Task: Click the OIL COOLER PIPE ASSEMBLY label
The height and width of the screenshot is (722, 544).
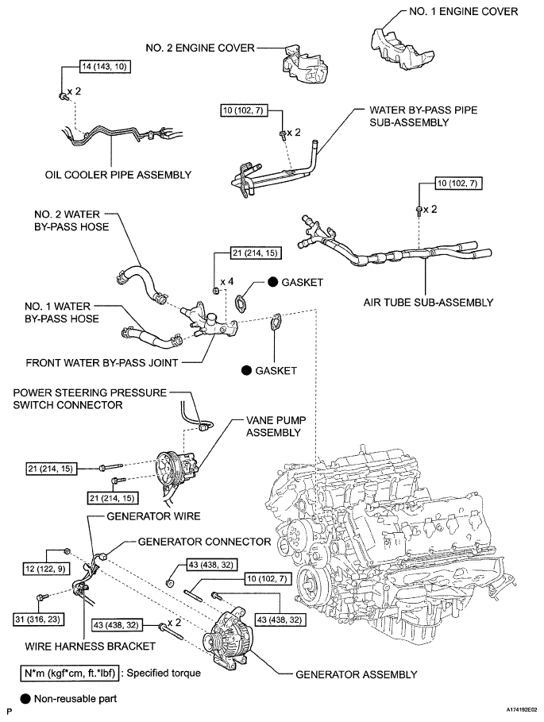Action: (x=118, y=175)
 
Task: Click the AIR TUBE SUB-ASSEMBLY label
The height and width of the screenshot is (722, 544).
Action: (x=429, y=303)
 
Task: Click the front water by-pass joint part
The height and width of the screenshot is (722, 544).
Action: (x=210, y=322)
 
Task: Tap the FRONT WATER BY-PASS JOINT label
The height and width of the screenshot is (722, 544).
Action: (x=102, y=363)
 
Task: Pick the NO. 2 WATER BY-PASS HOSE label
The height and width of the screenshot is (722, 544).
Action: (x=71, y=221)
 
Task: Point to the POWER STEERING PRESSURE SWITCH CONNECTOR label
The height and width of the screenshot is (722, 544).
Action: (x=90, y=399)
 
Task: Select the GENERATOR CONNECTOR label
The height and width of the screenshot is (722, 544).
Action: (x=204, y=542)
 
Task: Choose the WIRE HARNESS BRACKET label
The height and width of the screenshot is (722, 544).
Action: (x=91, y=647)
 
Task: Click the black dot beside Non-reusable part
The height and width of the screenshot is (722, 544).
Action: (x=25, y=698)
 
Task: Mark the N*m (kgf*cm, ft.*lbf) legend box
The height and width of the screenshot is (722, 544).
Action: (x=70, y=674)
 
